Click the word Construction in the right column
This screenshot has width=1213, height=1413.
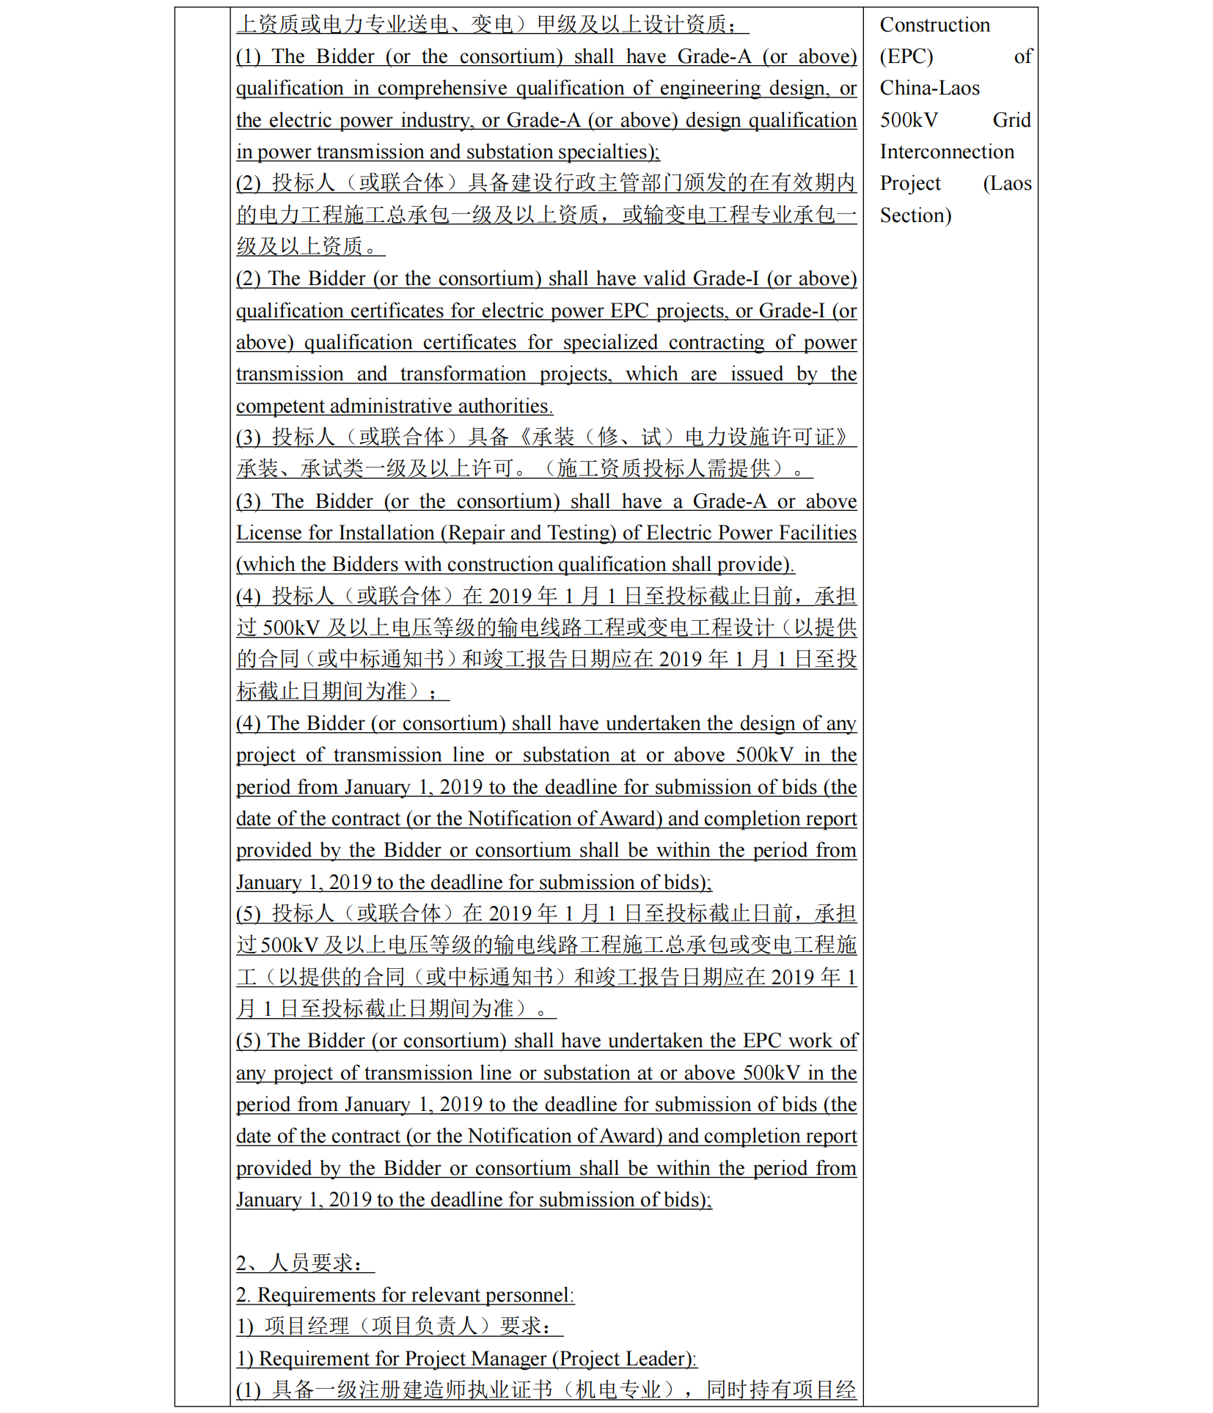(x=934, y=25)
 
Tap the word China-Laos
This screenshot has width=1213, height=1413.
(x=929, y=88)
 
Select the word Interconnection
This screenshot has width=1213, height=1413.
(x=947, y=152)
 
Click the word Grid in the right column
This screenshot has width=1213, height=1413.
(x=1011, y=120)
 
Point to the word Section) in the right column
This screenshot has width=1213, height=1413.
(x=915, y=215)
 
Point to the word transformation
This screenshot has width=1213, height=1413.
(x=463, y=375)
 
